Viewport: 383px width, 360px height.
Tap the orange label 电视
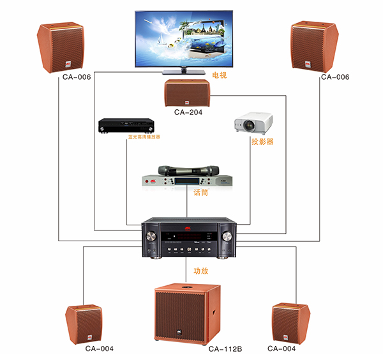click(x=220, y=75)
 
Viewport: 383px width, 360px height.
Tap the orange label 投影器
click(x=262, y=142)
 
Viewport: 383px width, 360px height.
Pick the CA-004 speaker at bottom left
click(x=85, y=324)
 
